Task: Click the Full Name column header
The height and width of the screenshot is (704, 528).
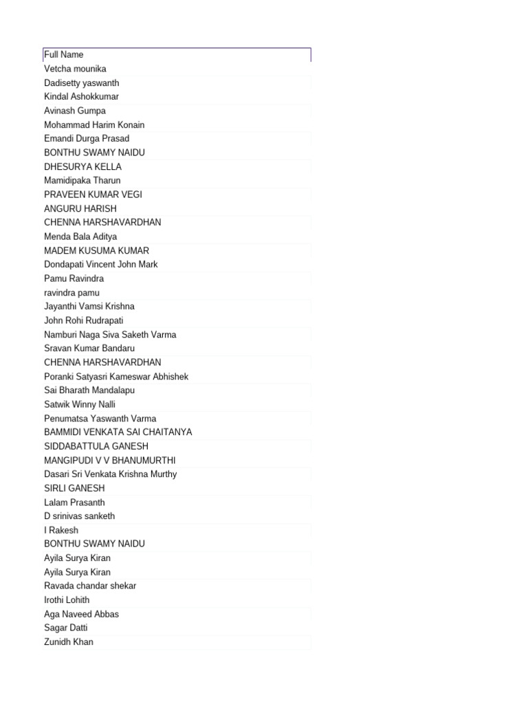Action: (64, 55)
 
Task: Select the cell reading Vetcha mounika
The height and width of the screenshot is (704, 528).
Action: (75, 69)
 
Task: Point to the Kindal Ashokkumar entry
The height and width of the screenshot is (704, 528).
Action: (81, 97)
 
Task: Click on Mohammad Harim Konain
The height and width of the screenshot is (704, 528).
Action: (94, 125)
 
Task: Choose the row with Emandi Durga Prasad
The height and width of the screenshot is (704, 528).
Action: (87, 139)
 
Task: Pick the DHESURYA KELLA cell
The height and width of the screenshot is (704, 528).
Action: (82, 167)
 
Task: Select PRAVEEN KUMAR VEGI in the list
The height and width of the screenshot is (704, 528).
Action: (93, 195)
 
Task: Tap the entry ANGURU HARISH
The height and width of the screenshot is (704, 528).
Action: (80, 209)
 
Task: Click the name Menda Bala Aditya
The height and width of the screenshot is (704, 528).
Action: (80, 236)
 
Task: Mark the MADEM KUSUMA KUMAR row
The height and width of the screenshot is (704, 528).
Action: (96, 251)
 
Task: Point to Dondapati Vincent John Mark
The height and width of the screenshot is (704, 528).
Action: (100, 265)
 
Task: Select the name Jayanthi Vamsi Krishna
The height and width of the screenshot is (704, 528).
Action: (89, 307)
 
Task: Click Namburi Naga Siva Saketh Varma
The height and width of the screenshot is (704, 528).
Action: (110, 335)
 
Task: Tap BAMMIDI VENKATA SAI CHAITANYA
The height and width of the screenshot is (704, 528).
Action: (118, 432)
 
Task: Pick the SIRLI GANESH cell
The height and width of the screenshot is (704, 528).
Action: (74, 488)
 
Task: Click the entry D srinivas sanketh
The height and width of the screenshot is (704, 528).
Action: (79, 516)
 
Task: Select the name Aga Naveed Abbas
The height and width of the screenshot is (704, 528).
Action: (81, 614)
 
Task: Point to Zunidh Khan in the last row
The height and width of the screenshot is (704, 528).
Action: (69, 642)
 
